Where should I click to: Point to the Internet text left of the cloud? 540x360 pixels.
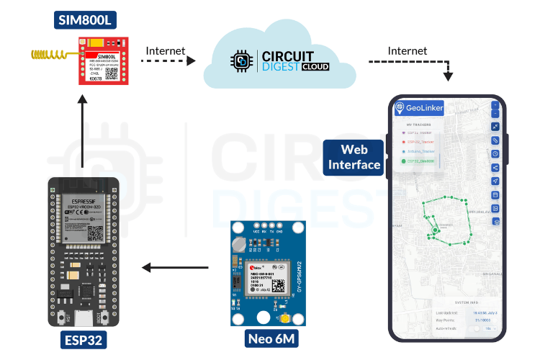pos(166,50)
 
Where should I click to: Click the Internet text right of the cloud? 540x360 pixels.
pos(408,50)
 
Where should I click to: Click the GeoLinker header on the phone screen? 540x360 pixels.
pos(419,108)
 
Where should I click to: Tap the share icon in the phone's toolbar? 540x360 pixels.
pos(495,167)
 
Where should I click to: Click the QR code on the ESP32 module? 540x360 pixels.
pos(96,233)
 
